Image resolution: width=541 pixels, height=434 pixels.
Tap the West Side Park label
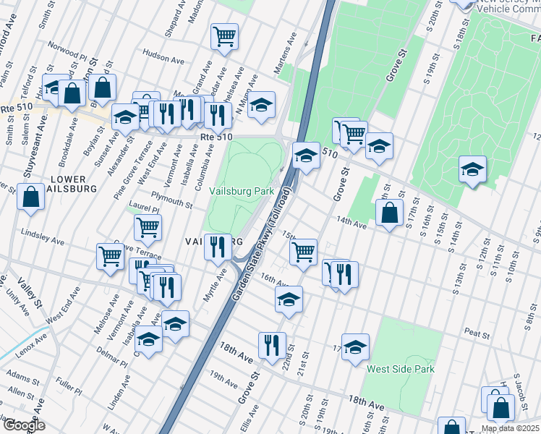(x=400, y=369)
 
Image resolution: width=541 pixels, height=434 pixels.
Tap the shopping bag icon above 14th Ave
(x=389, y=212)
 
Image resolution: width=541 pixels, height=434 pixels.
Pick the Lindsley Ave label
(x=43, y=234)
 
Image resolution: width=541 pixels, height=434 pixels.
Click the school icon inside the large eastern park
(x=472, y=170)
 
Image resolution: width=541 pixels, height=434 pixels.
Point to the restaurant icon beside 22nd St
(x=272, y=344)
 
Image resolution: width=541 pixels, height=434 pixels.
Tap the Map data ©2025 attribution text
(x=510, y=429)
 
